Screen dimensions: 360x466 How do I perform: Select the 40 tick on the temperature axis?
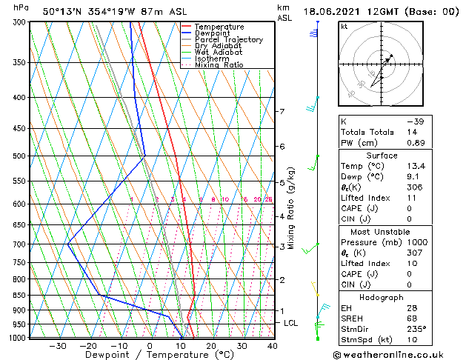[x=273, y=346]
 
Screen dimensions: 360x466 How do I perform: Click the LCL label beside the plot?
[x=291, y=324]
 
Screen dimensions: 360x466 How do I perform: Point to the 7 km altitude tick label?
[x=282, y=112]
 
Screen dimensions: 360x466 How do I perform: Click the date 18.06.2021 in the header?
[x=335, y=11]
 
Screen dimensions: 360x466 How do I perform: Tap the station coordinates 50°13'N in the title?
[x=64, y=11]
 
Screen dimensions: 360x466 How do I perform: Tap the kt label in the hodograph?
[x=344, y=27]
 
